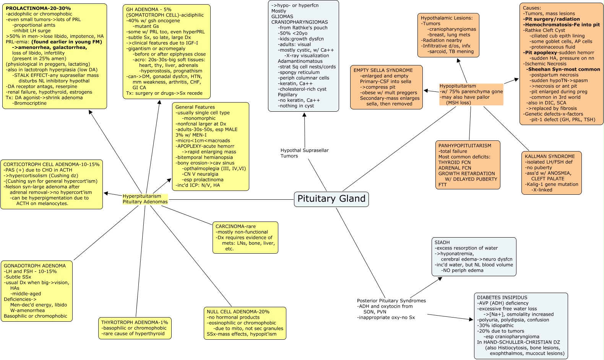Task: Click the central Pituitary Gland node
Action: [331, 199]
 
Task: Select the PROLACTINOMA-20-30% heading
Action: [38, 8]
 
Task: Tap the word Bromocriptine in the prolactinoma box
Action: [30, 103]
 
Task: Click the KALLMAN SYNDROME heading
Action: [550, 156]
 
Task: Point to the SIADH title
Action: [442, 243]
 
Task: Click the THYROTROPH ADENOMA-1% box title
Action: [135, 323]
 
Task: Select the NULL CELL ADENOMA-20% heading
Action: [238, 312]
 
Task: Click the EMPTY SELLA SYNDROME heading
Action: [383, 70]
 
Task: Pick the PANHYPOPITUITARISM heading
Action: [465, 146]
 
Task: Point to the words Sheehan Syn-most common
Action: [564, 70]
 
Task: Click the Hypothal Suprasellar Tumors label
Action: [304, 153]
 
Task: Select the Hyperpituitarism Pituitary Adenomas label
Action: [145, 199]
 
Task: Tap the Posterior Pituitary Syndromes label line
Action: [391, 301]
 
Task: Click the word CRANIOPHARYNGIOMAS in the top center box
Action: [299, 22]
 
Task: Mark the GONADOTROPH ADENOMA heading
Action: [35, 266]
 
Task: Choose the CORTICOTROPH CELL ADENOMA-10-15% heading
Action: [51, 165]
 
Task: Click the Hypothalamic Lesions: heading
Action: [447, 18]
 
